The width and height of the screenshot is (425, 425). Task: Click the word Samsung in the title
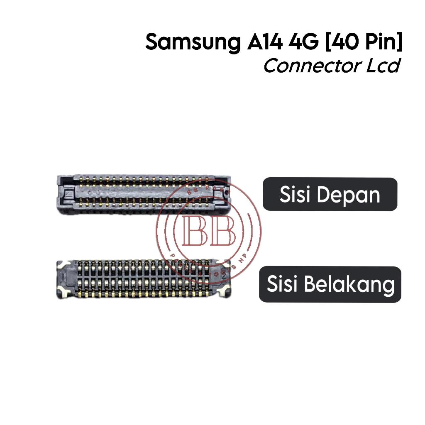click(192, 43)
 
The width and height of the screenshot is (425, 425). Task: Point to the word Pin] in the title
click(381, 43)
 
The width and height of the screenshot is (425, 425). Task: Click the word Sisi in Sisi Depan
click(295, 195)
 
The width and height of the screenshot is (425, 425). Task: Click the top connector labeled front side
click(143, 195)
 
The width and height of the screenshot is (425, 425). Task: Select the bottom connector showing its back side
click(143, 278)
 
